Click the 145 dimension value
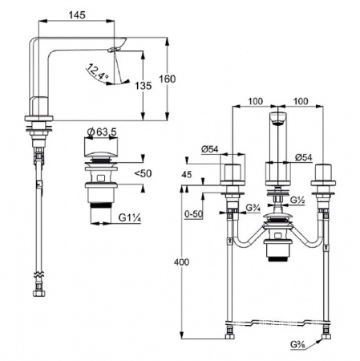(x=77, y=15)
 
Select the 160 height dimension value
(x=168, y=79)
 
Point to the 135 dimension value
(x=143, y=86)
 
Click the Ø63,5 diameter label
(x=102, y=132)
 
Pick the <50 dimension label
(x=143, y=173)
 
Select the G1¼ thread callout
(x=130, y=217)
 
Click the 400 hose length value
(x=181, y=262)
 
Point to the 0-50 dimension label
(x=194, y=214)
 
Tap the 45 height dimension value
(x=187, y=175)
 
